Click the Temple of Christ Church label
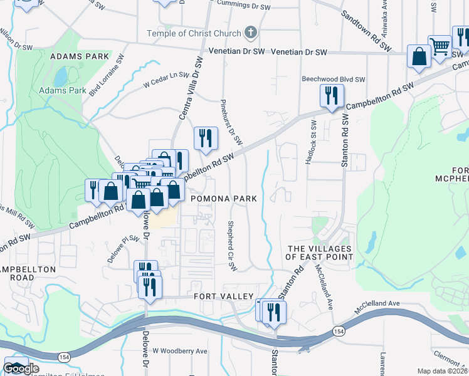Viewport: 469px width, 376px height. click(x=193, y=33)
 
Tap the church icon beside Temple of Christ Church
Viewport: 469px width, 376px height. click(x=250, y=33)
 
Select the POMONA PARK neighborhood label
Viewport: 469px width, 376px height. click(x=224, y=199)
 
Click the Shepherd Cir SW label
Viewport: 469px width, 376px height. click(x=231, y=246)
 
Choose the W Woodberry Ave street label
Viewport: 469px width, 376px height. click(x=179, y=352)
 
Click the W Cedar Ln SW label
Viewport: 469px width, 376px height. click(x=166, y=79)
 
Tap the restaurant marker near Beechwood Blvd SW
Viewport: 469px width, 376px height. click(x=330, y=96)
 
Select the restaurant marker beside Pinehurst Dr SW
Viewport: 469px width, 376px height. click(x=205, y=138)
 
